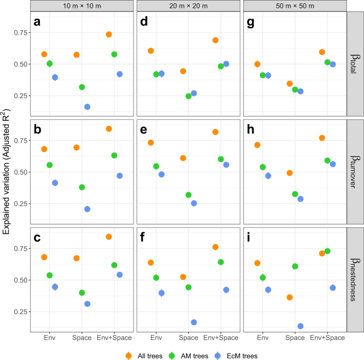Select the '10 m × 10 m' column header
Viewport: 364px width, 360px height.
point(82,5)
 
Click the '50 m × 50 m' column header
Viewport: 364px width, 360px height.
point(294,5)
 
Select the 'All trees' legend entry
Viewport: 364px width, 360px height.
point(145,354)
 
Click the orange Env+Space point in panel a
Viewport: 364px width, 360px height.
point(109,35)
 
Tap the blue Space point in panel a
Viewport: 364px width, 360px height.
point(87,107)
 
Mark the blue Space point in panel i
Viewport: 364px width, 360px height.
point(300,326)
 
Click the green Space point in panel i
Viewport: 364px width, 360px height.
point(295,266)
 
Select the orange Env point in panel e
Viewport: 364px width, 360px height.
point(151,143)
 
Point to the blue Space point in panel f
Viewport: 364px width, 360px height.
point(194,322)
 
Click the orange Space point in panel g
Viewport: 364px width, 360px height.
point(290,83)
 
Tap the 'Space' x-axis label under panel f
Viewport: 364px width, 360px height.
point(189,338)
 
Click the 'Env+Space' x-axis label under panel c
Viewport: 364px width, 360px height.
point(114,338)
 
